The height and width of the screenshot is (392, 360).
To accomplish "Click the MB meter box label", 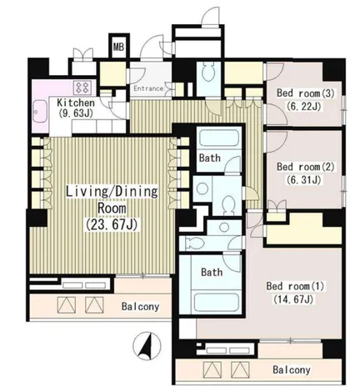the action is point(118,47).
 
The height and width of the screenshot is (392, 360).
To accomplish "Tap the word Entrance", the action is point(148,88).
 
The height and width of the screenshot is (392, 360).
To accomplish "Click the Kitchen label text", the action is point(76,103).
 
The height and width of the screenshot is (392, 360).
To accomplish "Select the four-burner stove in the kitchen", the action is point(82,88).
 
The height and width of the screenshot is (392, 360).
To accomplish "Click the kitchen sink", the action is point(40,111).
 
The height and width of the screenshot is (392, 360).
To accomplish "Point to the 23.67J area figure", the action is point(112,224).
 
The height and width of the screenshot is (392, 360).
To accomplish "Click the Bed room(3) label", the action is point(305,93).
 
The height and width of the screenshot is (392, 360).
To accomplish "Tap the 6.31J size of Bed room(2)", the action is point(303,180).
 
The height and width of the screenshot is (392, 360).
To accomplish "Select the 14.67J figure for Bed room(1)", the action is point(293,299).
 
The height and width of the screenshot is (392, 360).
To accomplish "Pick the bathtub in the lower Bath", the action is point(216,302).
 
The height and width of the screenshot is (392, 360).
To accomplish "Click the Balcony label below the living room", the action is point(140,307).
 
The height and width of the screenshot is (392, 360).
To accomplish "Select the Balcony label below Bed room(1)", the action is point(292,369).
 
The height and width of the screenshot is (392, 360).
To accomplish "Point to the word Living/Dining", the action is point(112,192).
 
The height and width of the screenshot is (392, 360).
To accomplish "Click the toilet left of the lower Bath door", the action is point(192,243).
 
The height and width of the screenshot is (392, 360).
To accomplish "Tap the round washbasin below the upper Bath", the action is point(202,188).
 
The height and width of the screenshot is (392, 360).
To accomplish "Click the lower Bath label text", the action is point(212,272).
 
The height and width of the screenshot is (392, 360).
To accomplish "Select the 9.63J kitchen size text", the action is point(76,113).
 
